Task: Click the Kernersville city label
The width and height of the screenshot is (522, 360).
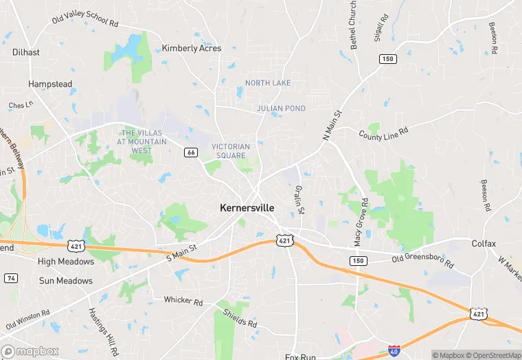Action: (247, 207)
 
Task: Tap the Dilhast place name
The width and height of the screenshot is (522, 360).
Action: (26, 52)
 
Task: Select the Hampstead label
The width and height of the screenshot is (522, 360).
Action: (50, 84)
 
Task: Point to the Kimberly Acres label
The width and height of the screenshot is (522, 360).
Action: (191, 48)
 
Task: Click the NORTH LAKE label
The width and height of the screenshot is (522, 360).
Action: (268, 83)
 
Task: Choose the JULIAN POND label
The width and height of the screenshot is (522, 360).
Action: (281, 109)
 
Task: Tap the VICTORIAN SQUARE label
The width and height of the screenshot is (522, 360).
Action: (231, 151)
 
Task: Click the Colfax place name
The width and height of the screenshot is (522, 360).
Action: (484, 243)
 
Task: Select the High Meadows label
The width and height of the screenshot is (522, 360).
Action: (66, 262)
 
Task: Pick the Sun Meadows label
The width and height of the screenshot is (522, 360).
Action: (66, 281)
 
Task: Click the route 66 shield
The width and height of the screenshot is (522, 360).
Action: (191, 153)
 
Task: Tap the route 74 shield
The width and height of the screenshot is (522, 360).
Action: (11, 278)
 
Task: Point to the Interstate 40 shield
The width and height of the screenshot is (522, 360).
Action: (395, 350)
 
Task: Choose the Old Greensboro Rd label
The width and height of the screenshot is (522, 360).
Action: (422, 260)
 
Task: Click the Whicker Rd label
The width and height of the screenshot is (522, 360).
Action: (183, 301)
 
